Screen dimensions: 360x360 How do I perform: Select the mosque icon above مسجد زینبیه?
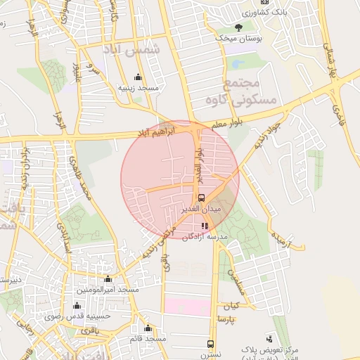[137, 77]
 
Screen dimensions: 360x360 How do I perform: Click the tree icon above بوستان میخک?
[239, 28]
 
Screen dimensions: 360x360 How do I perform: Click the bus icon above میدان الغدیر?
[202, 198]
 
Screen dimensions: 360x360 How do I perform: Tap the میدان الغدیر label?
[205, 209]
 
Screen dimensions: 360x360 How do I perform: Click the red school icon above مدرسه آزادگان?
[205, 226]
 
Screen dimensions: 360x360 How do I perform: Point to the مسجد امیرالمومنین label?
[108, 290]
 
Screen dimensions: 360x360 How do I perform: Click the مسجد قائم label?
[147, 339]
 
